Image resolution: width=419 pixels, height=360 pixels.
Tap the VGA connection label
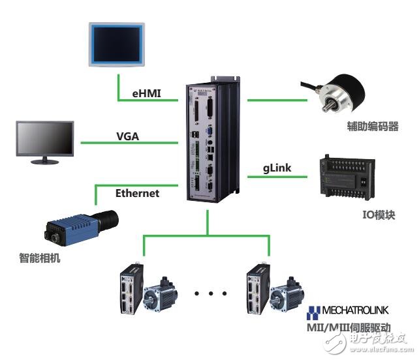128,136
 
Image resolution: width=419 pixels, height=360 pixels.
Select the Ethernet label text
136,193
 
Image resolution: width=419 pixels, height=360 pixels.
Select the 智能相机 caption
40,258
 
